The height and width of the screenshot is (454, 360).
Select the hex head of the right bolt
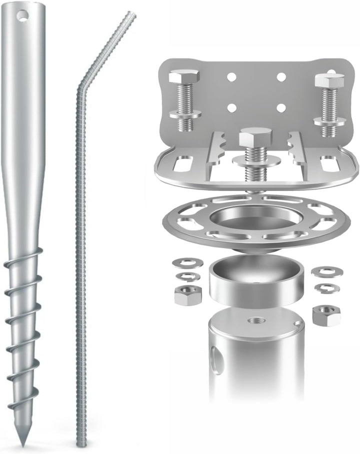(329, 81)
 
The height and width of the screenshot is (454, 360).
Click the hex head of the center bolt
(255, 136)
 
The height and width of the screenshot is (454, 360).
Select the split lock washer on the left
(185, 277)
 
